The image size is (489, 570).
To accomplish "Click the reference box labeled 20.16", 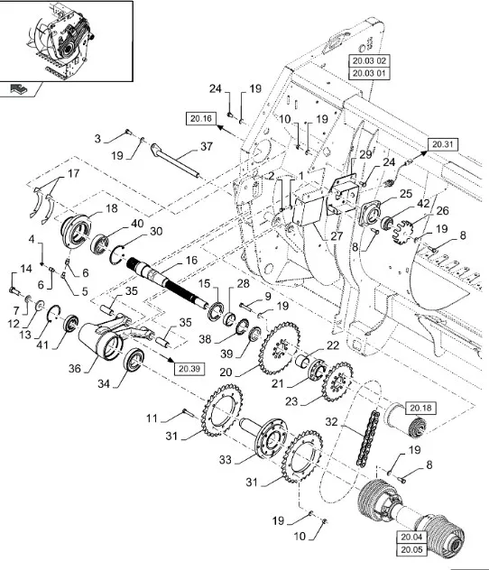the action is pyautogui.click(x=201, y=118).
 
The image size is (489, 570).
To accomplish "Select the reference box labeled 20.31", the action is pyautogui.click(x=442, y=144).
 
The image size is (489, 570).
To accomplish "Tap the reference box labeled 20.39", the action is pyautogui.click(x=189, y=369).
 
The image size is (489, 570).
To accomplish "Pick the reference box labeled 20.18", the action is pyautogui.click(x=420, y=409).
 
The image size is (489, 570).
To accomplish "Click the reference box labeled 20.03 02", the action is pyautogui.click(x=369, y=60).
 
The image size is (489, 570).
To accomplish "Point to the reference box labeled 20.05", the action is pyautogui.click(x=412, y=549).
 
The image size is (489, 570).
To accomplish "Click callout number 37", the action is pyautogui.click(x=206, y=146).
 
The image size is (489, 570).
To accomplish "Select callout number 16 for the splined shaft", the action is pyautogui.click(x=191, y=261).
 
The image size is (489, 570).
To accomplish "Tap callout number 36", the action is pyautogui.click(x=75, y=369).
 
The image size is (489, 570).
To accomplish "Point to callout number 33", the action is pyautogui.click(x=225, y=460).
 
